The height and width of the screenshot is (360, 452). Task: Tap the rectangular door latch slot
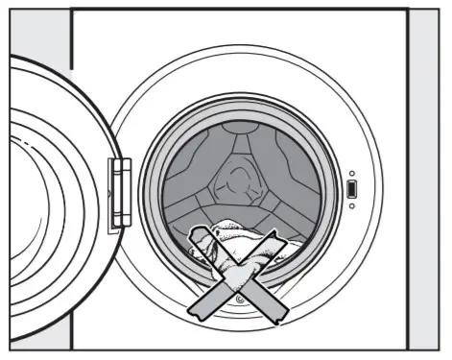[x=352, y=190]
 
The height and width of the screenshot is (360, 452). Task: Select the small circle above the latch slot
[x=352, y=173]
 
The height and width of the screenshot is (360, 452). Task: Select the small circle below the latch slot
[x=352, y=205]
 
